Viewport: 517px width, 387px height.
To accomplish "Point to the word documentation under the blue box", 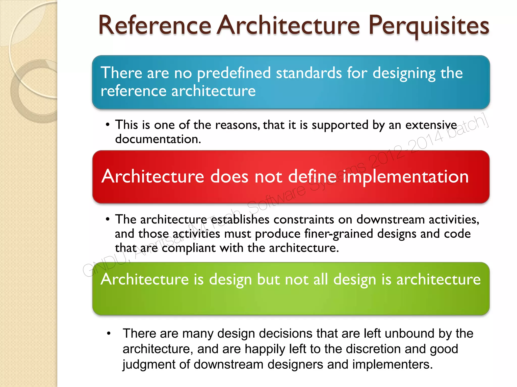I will [x=158, y=139].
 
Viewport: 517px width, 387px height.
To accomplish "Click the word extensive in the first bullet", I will [x=431, y=125].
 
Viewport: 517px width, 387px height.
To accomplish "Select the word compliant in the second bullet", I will [x=189, y=248].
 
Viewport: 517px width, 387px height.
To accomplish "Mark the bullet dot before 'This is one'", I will [x=108, y=125].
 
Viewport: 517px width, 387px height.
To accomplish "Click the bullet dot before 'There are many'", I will [x=109, y=334].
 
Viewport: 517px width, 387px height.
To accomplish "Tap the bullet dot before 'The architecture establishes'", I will [x=108, y=219].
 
